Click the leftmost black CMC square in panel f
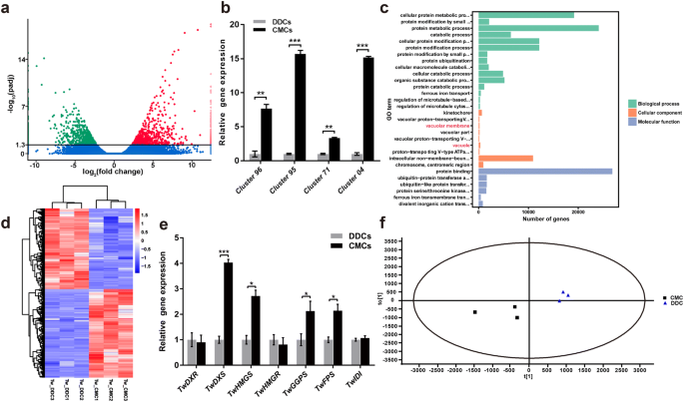point(474,312)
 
